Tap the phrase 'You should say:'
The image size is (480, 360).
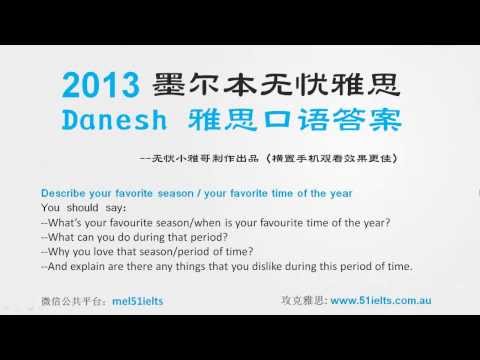pyautogui.click(x=76, y=207)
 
